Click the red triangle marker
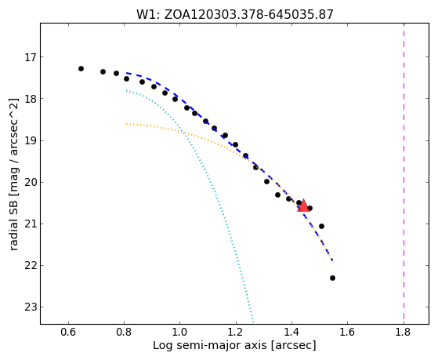point(303,205)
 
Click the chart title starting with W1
point(234,15)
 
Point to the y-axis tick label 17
point(31,57)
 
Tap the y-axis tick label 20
point(31,183)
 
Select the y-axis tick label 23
point(31,307)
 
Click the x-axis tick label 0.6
point(68,333)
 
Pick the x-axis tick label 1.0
point(180,333)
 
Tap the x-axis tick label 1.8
point(404,333)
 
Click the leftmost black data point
point(81,68)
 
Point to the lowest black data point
point(332,278)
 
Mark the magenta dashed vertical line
point(404,173)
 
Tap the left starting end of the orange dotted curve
point(126,124)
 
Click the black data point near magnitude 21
point(321,227)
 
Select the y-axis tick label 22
point(31,266)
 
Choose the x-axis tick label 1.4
point(292,333)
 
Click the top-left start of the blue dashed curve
point(126,73)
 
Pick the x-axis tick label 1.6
point(348,333)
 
